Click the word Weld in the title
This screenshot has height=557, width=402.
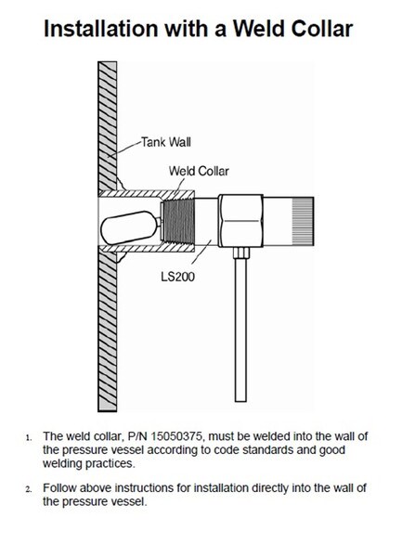click(x=258, y=29)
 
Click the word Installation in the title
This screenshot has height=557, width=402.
click(x=101, y=29)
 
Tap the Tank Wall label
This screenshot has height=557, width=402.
click(x=166, y=142)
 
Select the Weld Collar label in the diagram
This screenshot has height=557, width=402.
click(x=199, y=171)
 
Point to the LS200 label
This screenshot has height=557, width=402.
click(x=178, y=276)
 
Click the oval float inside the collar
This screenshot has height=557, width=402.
click(x=129, y=227)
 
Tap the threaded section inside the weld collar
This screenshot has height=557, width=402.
click(x=177, y=221)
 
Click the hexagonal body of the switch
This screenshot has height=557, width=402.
click(x=240, y=221)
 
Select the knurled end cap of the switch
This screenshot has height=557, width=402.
click(x=303, y=221)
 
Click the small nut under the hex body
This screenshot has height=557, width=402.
click(x=240, y=253)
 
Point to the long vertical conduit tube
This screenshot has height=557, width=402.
click(x=240, y=330)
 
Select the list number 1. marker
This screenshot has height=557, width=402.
click(x=29, y=437)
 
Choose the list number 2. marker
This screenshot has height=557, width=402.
click(x=29, y=489)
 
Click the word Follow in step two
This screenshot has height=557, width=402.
click(x=59, y=487)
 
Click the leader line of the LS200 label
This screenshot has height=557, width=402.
click(x=201, y=252)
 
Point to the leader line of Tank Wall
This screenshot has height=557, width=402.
click(x=124, y=149)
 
